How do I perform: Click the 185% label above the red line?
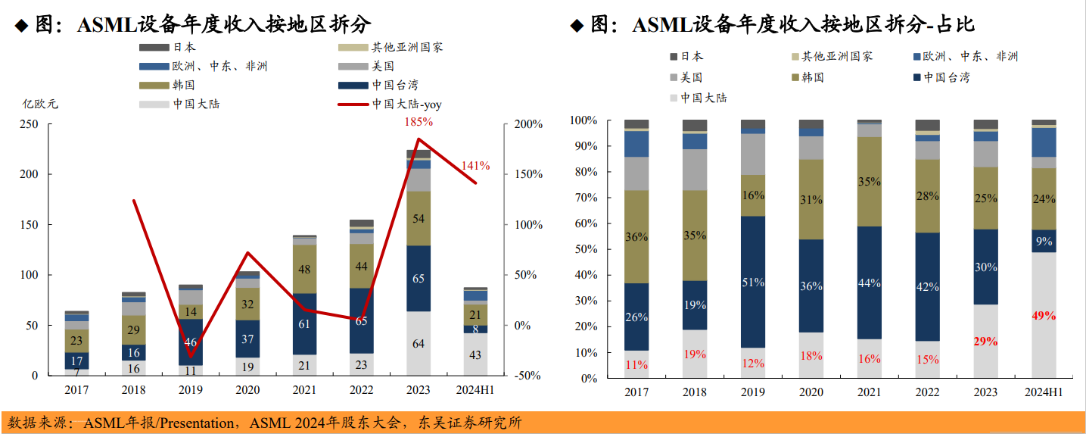[419, 121]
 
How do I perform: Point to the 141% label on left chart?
[476, 166]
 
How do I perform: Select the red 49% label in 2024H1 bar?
[1043, 316]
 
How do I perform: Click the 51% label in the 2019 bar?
[753, 283]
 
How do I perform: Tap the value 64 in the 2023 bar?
[418, 344]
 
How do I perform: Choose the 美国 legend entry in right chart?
[691, 77]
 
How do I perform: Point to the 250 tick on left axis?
[30, 124]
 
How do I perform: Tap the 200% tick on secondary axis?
[528, 124]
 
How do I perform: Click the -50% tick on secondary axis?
[527, 376]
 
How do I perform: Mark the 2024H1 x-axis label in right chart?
[1044, 392]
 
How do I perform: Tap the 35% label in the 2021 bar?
[869, 182]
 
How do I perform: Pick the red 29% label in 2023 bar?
[985, 342]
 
